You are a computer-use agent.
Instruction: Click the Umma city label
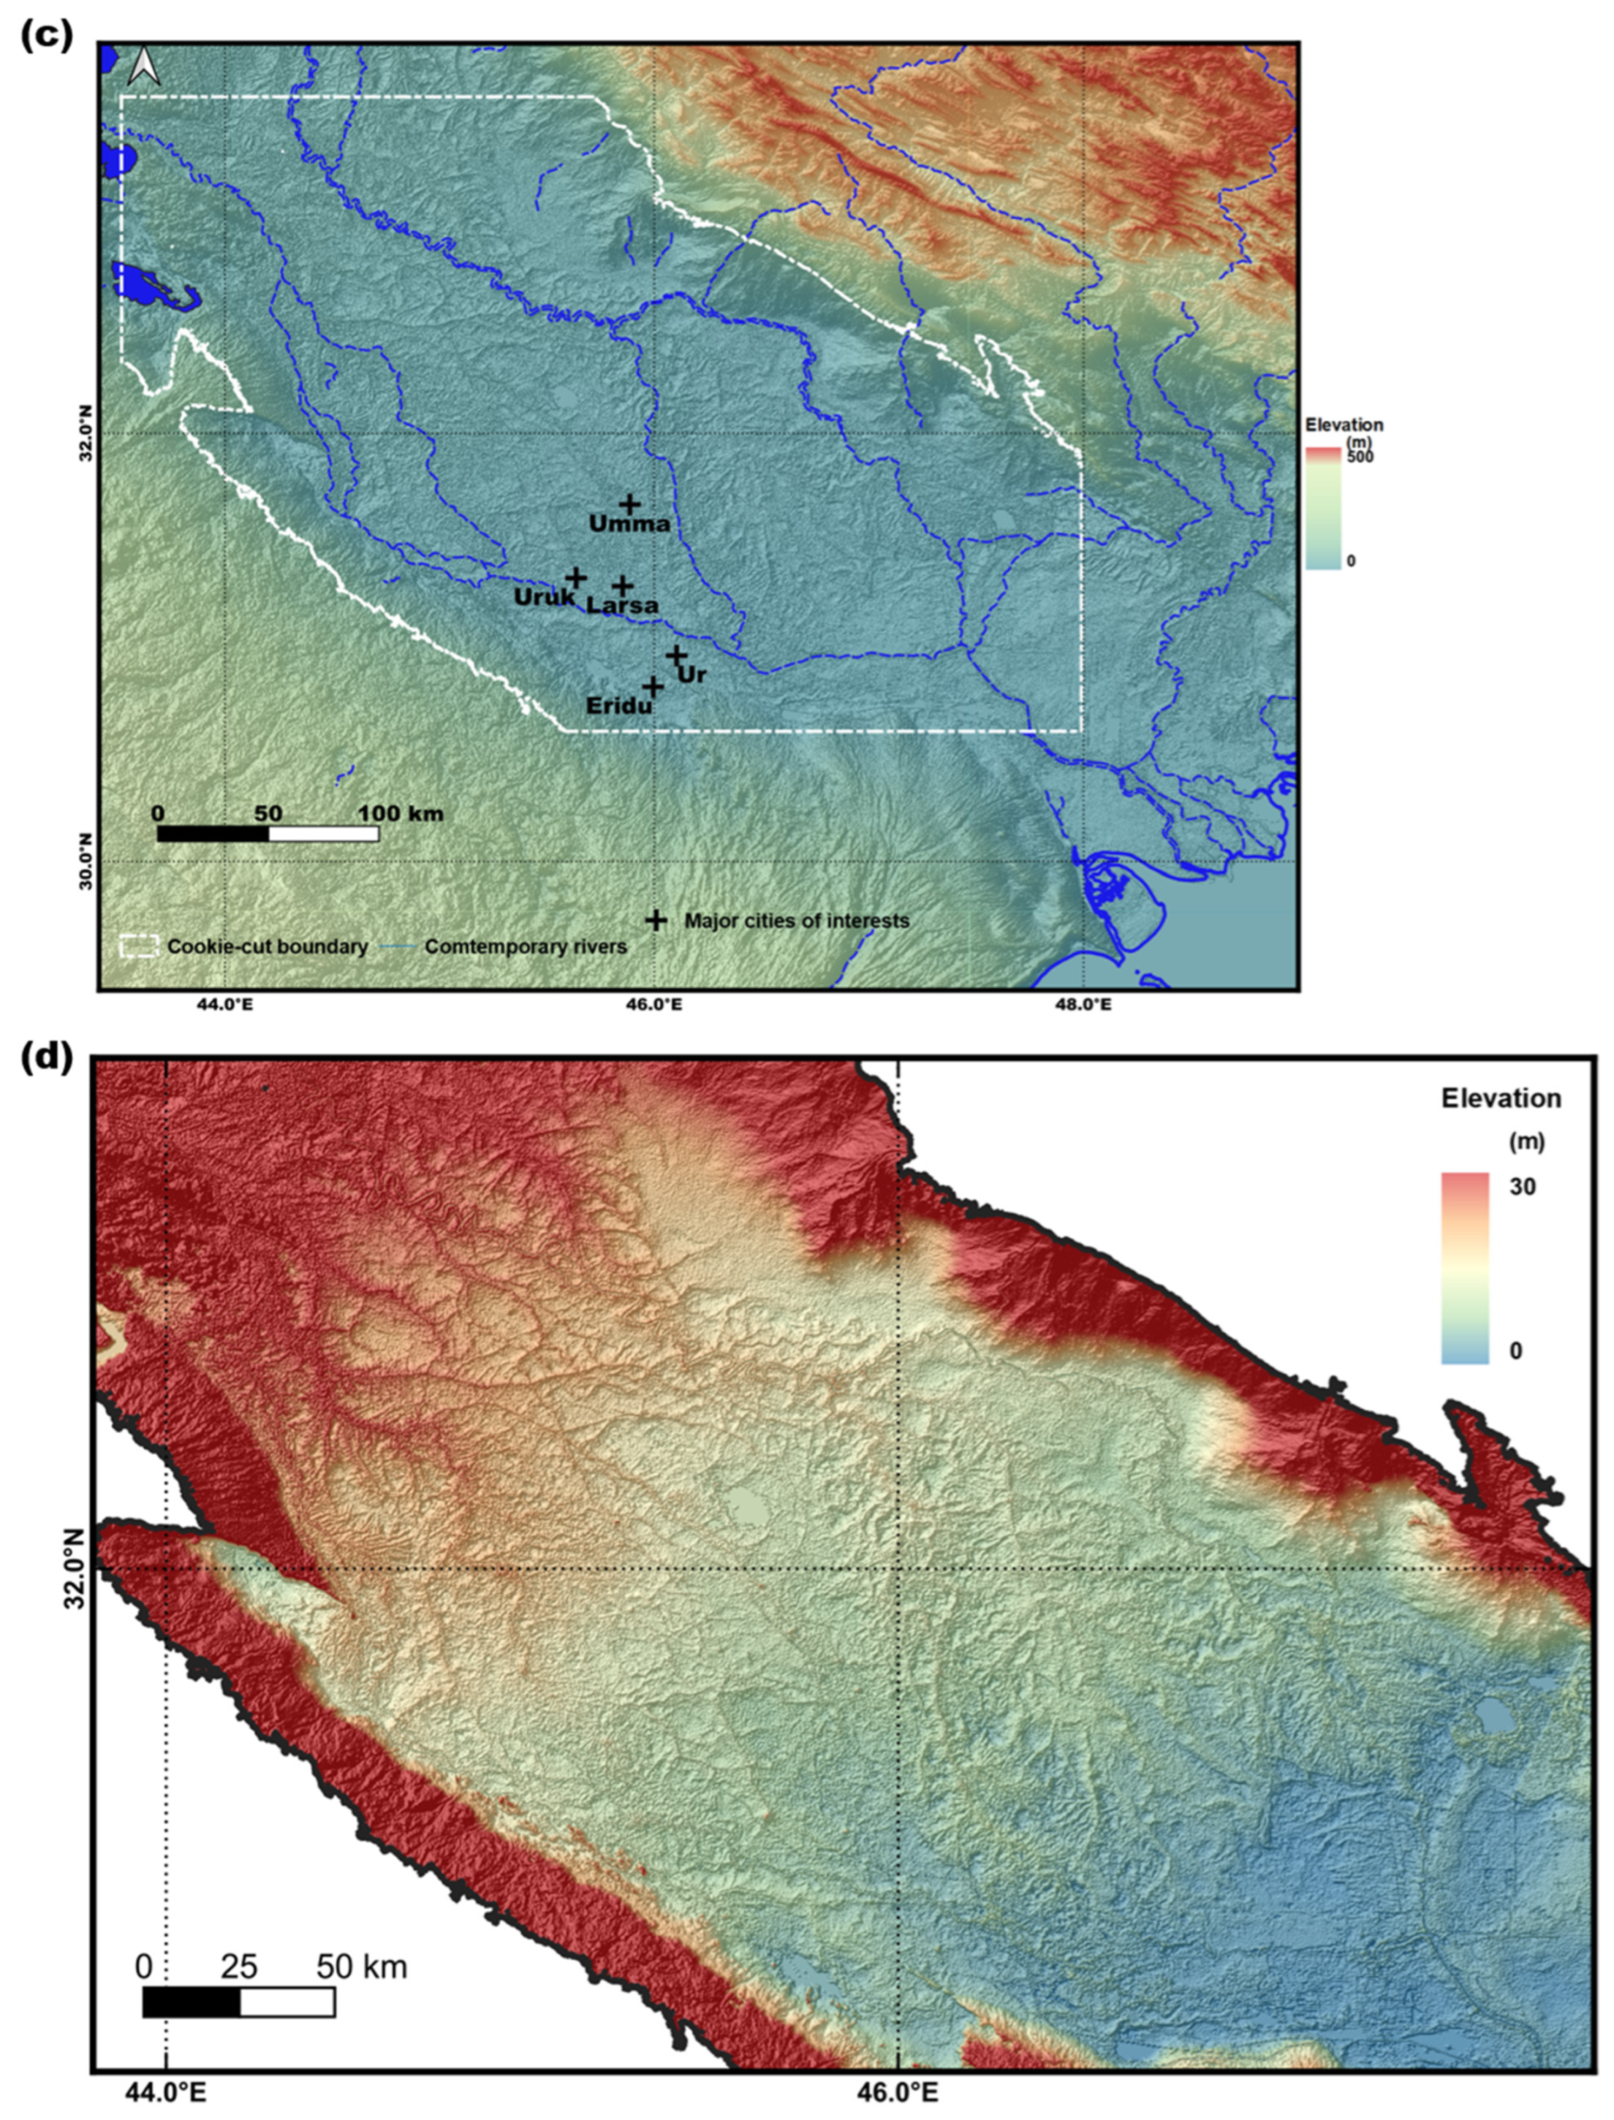629,525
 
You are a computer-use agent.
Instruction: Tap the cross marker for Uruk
575,577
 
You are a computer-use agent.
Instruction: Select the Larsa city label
623,605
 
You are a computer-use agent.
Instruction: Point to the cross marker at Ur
675,655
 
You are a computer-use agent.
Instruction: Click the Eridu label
618,706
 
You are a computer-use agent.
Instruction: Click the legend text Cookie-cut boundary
267,946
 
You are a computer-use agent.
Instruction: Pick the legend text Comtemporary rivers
526,946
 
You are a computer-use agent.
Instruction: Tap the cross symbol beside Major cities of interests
655,920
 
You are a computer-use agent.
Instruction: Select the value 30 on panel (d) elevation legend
1522,1186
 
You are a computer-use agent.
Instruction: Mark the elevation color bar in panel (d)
1465,1267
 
